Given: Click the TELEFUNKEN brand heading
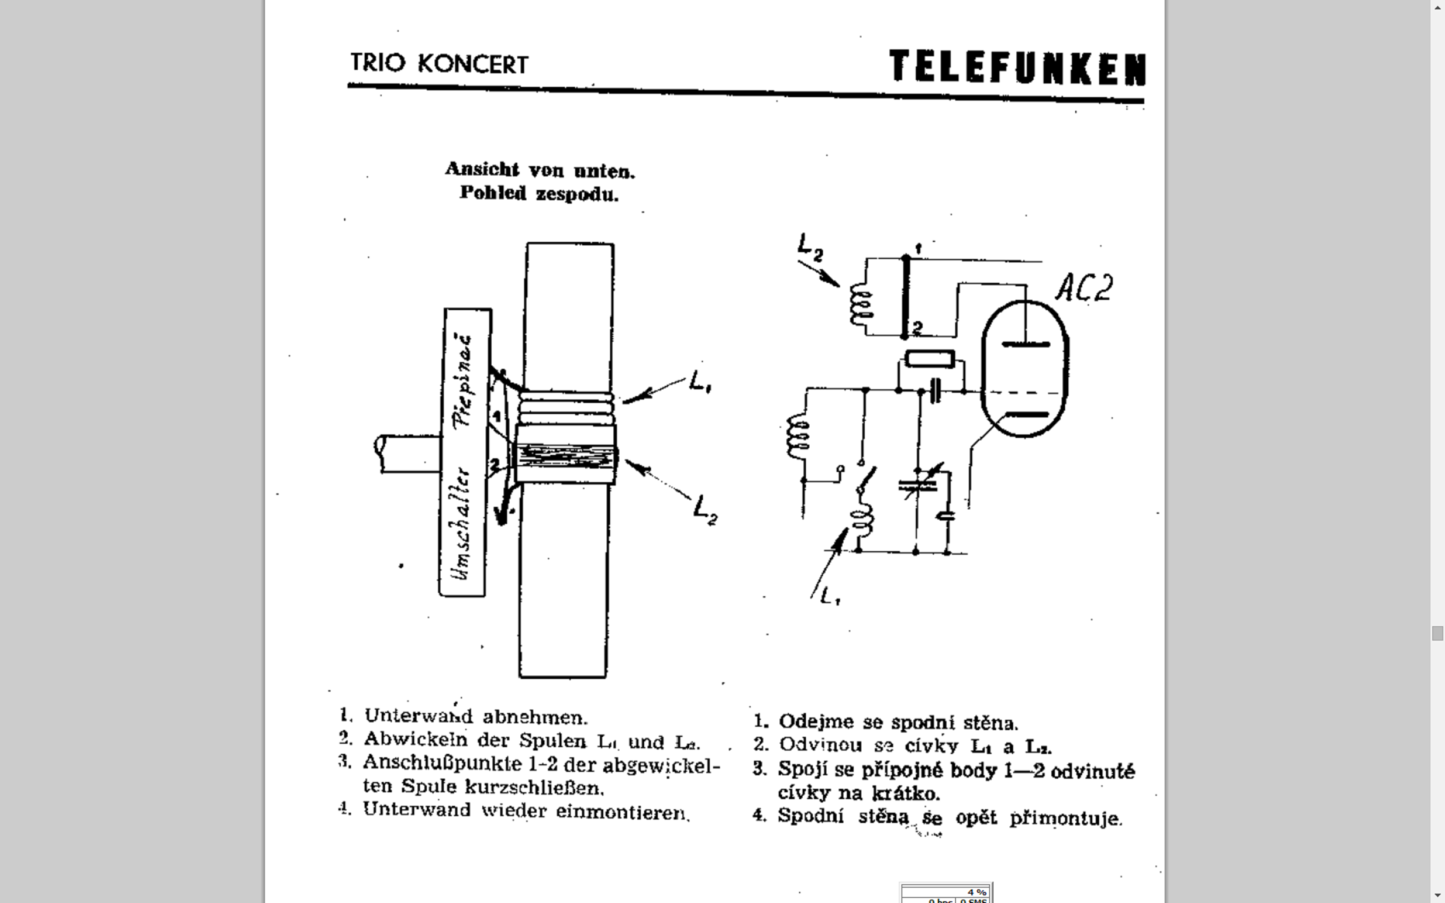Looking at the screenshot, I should [1017, 67].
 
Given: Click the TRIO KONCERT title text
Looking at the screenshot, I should [439, 64].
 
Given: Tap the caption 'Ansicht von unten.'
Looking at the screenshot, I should [539, 170].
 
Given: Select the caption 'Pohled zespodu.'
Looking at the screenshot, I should [538, 193].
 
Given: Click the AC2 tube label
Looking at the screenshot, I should [1084, 288].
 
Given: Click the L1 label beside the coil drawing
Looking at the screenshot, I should [701, 384].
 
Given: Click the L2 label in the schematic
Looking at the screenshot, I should [810, 247].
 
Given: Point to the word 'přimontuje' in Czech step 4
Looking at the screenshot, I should [1066, 819].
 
